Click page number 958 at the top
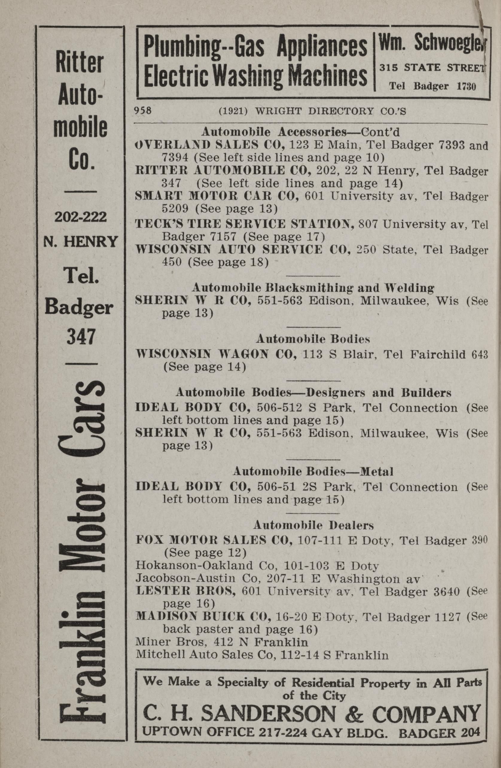point(143,111)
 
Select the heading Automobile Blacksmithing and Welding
point(313,287)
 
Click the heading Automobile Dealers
point(313,525)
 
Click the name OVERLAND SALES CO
point(209,145)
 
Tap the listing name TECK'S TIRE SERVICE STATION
point(244,224)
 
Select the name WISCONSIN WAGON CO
point(216,354)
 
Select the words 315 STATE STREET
point(432,68)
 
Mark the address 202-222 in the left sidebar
point(80,217)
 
